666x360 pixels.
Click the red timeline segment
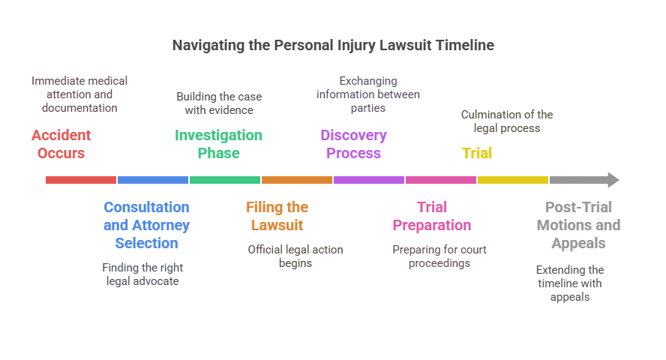(x=81, y=180)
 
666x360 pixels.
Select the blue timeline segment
(x=153, y=180)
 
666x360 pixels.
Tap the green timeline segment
(x=225, y=180)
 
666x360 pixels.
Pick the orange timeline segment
(x=297, y=180)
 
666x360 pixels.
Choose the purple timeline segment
(x=369, y=180)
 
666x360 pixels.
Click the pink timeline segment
(x=441, y=180)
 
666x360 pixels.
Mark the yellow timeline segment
(x=513, y=180)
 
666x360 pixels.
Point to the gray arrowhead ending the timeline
(x=613, y=180)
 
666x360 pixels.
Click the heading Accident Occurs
(x=61, y=144)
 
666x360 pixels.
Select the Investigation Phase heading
(x=218, y=144)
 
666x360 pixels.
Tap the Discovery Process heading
(x=353, y=144)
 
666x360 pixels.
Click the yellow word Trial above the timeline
(x=477, y=153)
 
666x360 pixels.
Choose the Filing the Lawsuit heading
(x=277, y=216)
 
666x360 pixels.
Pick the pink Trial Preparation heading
(x=432, y=216)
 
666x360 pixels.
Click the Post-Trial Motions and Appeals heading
(x=578, y=225)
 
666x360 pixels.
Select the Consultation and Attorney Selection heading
(x=146, y=225)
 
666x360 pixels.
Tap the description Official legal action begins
(x=295, y=256)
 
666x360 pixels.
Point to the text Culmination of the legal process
(x=507, y=121)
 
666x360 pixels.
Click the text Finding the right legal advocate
(x=142, y=274)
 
